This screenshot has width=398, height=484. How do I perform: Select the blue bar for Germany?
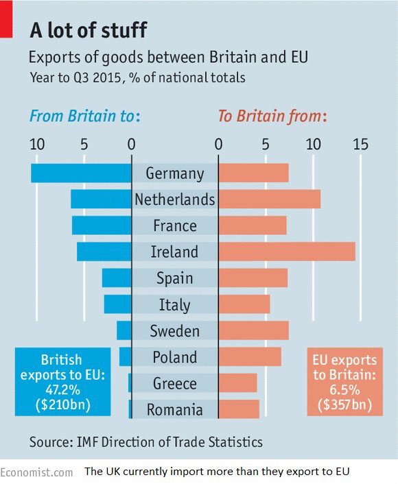81,173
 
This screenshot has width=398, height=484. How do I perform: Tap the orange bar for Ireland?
287,252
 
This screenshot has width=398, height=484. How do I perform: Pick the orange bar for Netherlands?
269,199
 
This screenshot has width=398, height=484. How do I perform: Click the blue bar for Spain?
117,278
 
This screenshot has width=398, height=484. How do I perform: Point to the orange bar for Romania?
239,409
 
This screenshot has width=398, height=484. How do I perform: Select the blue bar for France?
102,226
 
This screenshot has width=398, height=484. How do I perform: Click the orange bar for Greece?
237,383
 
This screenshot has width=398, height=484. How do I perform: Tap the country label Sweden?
174,331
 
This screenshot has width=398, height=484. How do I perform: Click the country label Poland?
174,357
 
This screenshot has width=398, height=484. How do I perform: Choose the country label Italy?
174,305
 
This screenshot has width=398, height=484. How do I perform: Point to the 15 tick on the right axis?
360,145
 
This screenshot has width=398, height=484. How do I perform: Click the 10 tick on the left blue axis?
36,145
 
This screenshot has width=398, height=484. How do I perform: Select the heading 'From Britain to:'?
84,116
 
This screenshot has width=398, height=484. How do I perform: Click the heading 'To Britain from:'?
272,116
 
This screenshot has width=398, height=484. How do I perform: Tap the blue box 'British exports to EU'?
62,382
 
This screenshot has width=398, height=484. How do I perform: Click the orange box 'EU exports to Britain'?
344,382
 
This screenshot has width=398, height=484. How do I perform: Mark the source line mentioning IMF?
145,442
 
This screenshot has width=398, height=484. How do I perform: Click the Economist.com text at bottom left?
36,472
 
